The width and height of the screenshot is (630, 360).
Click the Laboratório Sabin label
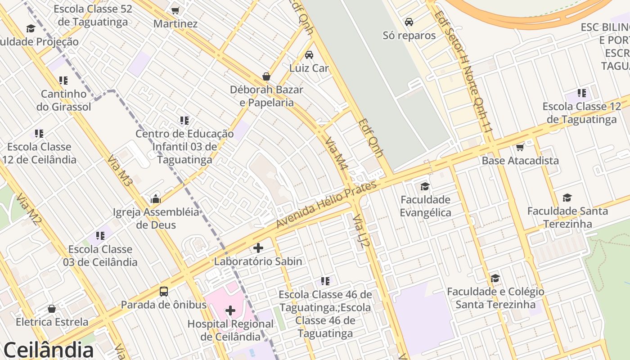point(258,261)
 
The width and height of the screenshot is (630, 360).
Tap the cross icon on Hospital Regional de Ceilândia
point(230,310)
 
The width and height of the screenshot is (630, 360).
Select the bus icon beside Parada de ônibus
point(164,291)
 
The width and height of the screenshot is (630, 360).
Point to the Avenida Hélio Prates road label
point(326,205)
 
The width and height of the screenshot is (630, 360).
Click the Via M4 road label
point(337,153)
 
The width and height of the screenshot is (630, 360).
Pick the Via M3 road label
point(120,171)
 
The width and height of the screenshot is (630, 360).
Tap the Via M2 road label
point(29,210)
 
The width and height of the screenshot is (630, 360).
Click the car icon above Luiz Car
point(309,55)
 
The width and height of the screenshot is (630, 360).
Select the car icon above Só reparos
point(409,22)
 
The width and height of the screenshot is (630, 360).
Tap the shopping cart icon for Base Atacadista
point(520,147)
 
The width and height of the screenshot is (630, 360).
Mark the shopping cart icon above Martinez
point(175,10)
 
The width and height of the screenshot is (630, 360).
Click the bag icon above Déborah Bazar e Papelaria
point(266,76)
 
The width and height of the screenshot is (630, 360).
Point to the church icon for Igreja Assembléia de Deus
point(156,199)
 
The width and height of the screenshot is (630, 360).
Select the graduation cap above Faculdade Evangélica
point(425,186)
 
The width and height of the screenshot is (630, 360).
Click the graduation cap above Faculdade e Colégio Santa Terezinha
point(495,279)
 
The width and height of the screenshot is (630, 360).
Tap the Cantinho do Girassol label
point(64,100)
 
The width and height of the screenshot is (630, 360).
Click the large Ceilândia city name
point(49,350)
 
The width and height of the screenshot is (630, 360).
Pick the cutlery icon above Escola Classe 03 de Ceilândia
point(100,236)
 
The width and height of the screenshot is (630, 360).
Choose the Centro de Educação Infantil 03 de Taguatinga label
point(184,147)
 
